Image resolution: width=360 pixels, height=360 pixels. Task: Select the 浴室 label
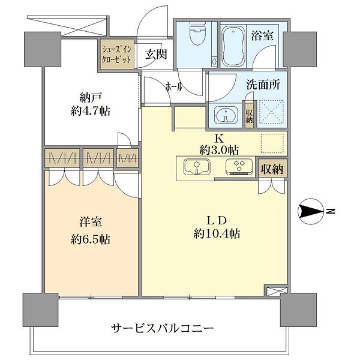coord(262,36)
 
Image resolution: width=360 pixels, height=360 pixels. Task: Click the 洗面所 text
coord(263,85)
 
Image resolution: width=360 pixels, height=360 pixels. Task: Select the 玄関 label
coord(156,55)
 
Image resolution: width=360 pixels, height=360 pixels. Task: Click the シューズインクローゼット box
coord(117,55)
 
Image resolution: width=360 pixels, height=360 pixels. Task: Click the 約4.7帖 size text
coord(91,112)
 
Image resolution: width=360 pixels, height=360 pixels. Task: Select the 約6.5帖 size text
coord(91,239)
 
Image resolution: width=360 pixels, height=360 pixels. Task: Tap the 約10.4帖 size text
coord(217,234)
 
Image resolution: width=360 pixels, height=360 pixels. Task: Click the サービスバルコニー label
coord(163,328)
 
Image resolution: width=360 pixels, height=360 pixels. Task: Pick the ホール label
coord(174,87)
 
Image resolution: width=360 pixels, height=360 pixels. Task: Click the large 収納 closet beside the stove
coord(272,169)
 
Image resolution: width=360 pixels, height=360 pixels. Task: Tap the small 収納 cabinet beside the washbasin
coord(249,116)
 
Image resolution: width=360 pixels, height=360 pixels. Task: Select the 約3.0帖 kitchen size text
coord(219,151)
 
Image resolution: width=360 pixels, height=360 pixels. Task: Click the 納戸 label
coord(91,98)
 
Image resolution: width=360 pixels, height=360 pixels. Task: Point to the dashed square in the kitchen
coord(272,143)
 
